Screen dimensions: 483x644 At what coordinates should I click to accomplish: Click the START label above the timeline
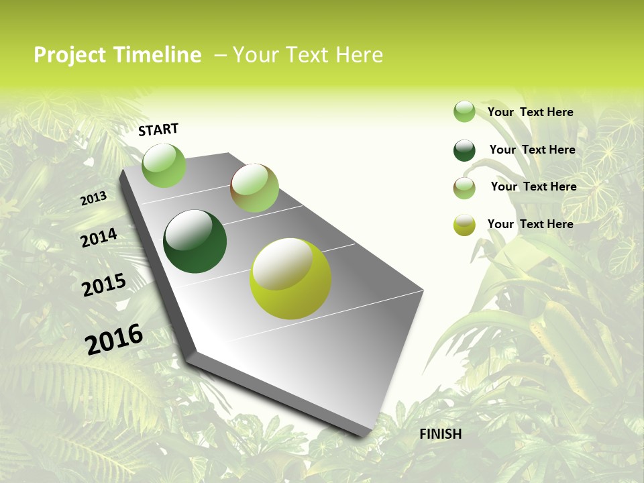click(158, 129)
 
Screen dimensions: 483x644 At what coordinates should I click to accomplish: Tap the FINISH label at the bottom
click(441, 434)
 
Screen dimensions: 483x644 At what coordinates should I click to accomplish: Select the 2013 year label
click(93, 198)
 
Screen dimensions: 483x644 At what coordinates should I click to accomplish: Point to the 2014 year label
click(99, 237)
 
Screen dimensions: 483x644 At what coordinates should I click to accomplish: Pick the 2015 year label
click(104, 285)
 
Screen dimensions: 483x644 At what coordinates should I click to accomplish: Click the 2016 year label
click(114, 338)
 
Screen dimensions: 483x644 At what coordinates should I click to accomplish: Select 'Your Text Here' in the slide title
click(308, 55)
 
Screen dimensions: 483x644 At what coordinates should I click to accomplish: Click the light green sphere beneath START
click(164, 165)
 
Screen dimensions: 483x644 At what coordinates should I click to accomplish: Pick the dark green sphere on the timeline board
click(195, 241)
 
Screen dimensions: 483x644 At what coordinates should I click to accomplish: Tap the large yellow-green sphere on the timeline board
click(290, 278)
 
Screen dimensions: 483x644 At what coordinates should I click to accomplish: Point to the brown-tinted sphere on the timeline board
click(254, 188)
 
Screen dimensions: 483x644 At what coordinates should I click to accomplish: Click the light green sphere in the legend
click(464, 111)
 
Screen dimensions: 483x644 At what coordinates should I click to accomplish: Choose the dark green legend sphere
click(464, 150)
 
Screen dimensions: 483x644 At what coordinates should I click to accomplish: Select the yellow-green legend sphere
click(464, 225)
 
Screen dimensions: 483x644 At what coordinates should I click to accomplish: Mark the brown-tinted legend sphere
click(464, 188)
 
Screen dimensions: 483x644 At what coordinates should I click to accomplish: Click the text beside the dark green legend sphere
click(532, 150)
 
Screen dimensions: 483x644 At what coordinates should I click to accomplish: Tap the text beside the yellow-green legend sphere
click(530, 224)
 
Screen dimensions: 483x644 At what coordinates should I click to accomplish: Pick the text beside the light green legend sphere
click(530, 112)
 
